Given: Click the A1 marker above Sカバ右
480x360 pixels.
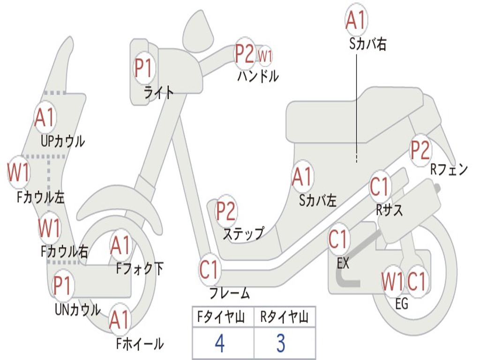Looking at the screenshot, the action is pyautogui.click(x=355, y=20).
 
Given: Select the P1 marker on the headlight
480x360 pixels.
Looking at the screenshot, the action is pyautogui.click(x=144, y=68).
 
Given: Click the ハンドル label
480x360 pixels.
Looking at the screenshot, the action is pyautogui.click(x=258, y=76).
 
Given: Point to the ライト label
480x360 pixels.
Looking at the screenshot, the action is pyautogui.click(x=158, y=92).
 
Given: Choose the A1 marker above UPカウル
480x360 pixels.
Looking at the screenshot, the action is pyautogui.click(x=45, y=118).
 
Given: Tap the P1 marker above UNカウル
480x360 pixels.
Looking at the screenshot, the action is pyautogui.click(x=63, y=285).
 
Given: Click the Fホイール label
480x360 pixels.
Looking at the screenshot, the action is pyautogui.click(x=140, y=344).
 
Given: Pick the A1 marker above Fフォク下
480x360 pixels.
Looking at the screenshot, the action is pyautogui.click(x=121, y=245).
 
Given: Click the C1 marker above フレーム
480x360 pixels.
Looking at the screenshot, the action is pyautogui.click(x=210, y=270).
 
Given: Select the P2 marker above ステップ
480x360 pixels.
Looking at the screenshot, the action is pyautogui.click(x=226, y=211).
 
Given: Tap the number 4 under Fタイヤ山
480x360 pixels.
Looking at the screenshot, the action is pyautogui.click(x=219, y=344).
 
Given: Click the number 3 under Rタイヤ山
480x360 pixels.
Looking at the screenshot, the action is pyautogui.click(x=280, y=344).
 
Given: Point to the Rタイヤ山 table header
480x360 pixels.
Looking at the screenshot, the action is pyautogui.click(x=284, y=317).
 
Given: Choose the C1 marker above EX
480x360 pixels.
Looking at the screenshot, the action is pyautogui.click(x=339, y=239).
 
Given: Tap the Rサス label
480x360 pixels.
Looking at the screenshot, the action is pyautogui.click(x=389, y=210).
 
